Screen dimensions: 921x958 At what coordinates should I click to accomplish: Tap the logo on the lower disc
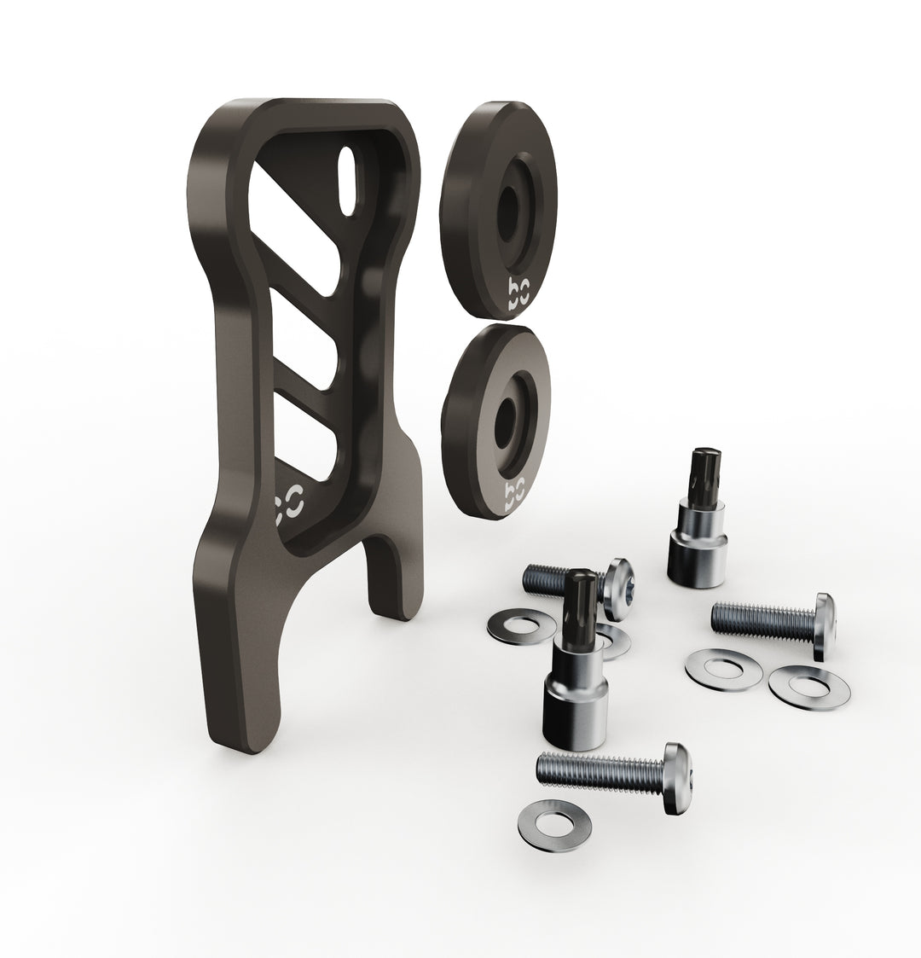point(515,494)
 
